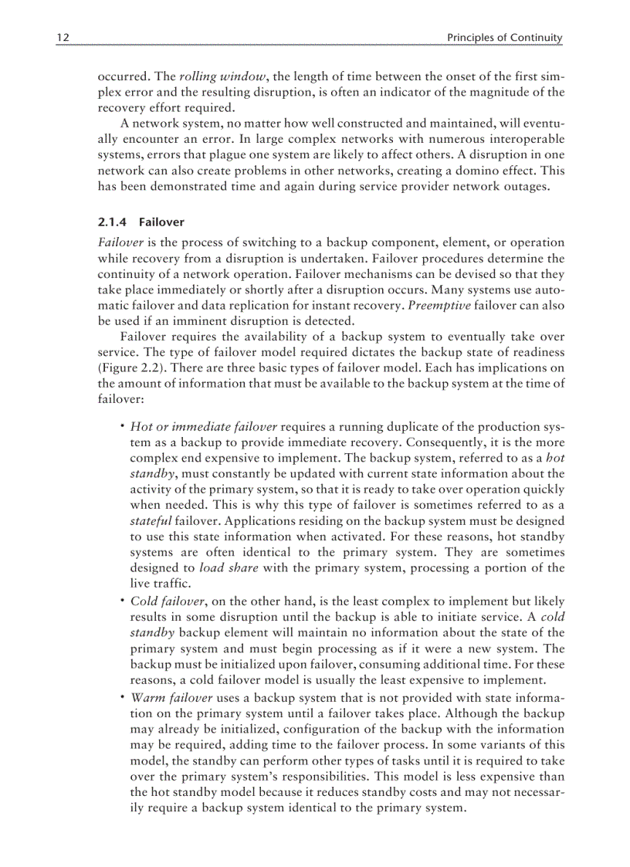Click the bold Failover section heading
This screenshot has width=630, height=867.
coord(161,222)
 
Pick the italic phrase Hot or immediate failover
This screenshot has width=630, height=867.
coord(203,428)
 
